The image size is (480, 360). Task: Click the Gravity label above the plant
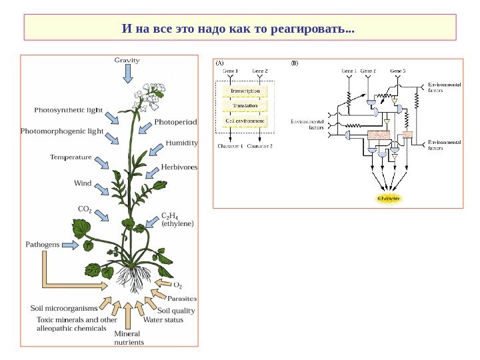(127, 60)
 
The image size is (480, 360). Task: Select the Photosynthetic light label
(69, 109)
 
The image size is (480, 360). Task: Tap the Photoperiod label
(176, 122)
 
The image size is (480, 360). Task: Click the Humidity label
(181, 143)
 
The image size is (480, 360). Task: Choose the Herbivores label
(179, 167)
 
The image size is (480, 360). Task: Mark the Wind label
(83, 183)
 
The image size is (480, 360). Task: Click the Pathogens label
(43, 245)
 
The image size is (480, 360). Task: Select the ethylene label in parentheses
(177, 225)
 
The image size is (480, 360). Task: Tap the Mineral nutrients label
(128, 338)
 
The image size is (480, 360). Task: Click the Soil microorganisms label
(64, 309)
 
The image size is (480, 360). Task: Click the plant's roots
(131, 278)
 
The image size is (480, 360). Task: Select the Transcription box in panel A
(245, 91)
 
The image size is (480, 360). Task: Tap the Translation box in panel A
(245, 105)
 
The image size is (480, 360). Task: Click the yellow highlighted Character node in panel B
(389, 199)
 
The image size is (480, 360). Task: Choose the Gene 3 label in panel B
(397, 70)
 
